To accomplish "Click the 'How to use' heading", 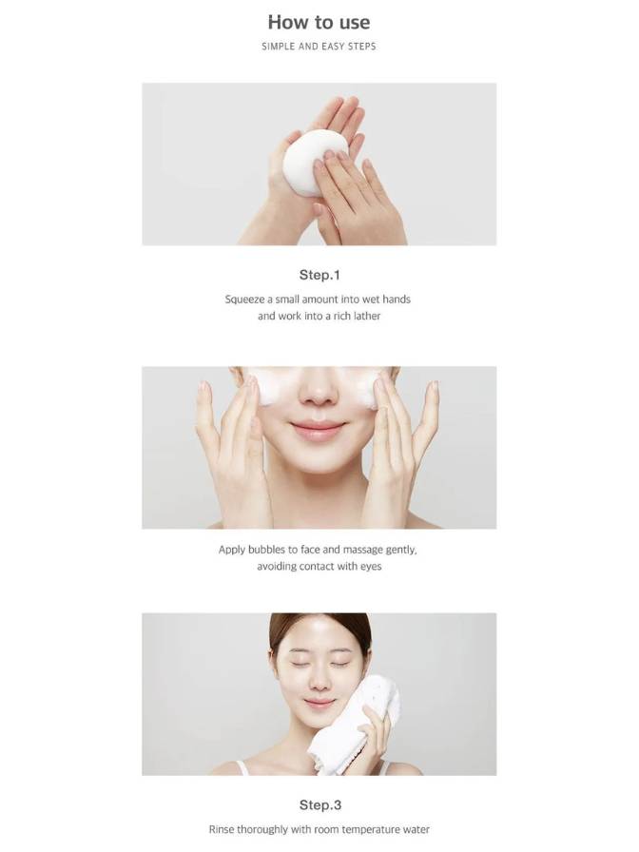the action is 319,22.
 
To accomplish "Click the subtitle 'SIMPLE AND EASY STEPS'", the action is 319,47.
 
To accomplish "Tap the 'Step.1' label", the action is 319,275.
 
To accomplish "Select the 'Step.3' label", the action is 320,804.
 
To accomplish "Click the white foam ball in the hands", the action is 312,162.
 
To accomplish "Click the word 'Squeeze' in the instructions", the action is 244,300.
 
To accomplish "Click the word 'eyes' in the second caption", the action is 371,567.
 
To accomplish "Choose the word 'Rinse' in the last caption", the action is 222,830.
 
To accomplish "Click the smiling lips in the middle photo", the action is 318,429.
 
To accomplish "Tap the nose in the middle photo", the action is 319,391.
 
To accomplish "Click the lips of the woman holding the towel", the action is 319,704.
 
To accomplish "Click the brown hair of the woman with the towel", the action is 320,626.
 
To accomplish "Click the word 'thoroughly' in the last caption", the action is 261,830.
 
